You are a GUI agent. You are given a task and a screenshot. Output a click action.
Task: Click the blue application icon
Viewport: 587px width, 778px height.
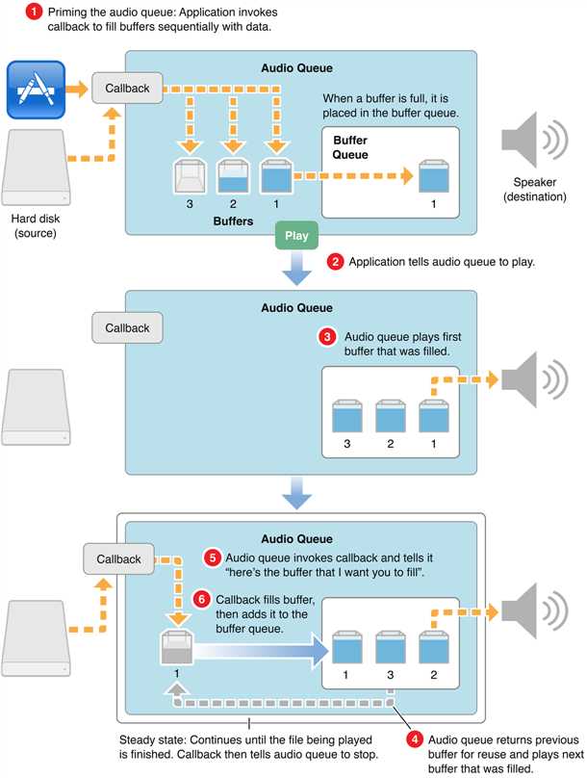pos(36,89)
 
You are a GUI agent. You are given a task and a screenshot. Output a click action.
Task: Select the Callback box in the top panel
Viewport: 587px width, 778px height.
pos(126,90)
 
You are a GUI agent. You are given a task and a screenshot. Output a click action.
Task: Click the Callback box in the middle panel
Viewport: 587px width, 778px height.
pos(126,328)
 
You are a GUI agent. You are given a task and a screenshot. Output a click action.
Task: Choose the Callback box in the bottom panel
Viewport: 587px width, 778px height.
pos(118,559)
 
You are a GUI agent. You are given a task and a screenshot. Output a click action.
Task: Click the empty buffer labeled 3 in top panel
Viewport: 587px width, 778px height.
pos(190,178)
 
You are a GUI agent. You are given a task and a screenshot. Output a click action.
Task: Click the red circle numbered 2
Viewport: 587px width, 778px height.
pos(336,261)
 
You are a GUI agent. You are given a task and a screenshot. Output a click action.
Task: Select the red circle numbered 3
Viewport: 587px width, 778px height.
pos(327,338)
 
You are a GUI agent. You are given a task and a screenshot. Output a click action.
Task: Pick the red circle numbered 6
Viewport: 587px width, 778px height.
pos(200,598)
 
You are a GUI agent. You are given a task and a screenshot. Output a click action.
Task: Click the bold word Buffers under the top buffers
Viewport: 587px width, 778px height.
pos(233,220)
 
